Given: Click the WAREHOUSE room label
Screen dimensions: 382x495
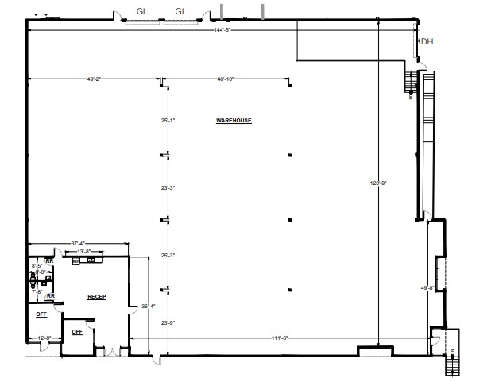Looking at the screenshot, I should coord(234,121).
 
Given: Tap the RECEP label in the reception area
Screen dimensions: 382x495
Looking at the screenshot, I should coord(97,297).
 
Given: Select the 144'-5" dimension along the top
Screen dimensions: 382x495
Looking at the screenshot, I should coord(222,30).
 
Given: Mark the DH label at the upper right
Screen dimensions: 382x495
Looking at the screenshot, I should coord(427,42).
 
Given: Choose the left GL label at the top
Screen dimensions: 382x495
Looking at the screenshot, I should coord(141,11).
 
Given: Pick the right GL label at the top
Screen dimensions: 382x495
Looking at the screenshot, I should coord(180,11).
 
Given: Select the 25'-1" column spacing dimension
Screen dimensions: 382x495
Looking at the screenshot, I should coord(167,121).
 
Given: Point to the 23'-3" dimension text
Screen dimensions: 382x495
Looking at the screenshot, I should coord(167,188).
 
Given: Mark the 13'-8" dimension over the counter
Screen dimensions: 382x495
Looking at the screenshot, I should coord(83,252).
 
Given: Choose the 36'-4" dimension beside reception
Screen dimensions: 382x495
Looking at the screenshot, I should coord(148,306).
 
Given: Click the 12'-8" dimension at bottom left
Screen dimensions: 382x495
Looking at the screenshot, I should coord(44,339).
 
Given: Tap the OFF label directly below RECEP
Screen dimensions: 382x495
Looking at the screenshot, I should coord(78,331).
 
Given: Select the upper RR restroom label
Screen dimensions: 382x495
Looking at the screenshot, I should coord(49,260).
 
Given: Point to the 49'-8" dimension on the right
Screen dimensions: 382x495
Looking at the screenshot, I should coord(426,287).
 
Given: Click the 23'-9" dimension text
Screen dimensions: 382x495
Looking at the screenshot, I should coord(167,323).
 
